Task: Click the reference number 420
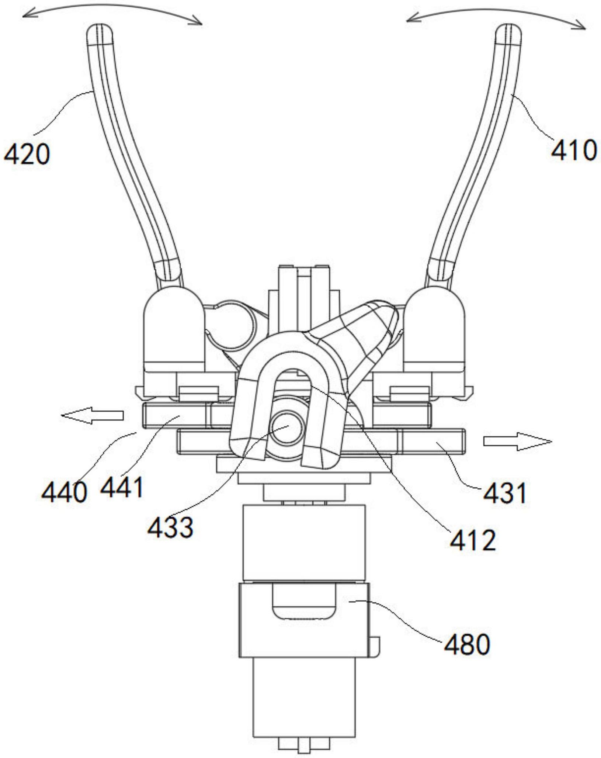[x=26, y=155]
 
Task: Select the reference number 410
[x=573, y=150]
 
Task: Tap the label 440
[x=64, y=492]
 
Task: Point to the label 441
[x=122, y=487]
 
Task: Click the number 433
[x=170, y=527]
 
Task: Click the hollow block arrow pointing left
[x=92, y=415]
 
